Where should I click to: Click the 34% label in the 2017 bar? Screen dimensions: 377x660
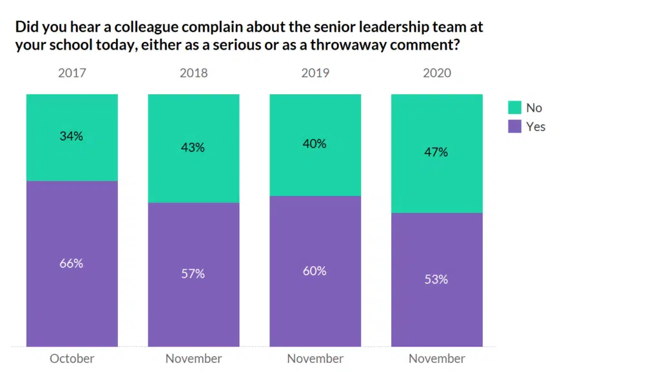pyautogui.click(x=72, y=137)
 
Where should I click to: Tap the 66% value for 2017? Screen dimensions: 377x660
pyautogui.click(x=72, y=264)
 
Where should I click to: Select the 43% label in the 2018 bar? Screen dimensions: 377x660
pyautogui.click(x=193, y=148)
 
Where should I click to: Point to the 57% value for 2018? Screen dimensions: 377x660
pyautogui.click(x=193, y=274)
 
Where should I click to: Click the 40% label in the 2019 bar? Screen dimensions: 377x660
pyautogui.click(x=315, y=144)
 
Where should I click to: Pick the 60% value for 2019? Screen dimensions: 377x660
pyautogui.click(x=315, y=271)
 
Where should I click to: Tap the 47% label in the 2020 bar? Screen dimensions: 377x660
pyautogui.click(x=436, y=153)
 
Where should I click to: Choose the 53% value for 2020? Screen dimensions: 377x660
pyautogui.click(x=436, y=280)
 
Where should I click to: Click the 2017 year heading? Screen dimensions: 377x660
pyautogui.click(x=72, y=73)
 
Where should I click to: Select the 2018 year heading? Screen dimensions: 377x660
pyautogui.click(x=193, y=73)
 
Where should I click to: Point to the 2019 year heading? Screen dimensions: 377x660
pyautogui.click(x=315, y=73)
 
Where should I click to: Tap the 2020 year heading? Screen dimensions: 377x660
pyautogui.click(x=436, y=73)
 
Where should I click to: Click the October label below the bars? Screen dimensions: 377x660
pyautogui.click(x=72, y=359)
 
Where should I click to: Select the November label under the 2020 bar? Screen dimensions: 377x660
pyautogui.click(x=436, y=359)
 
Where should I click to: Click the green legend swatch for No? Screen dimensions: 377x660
pyautogui.click(x=514, y=108)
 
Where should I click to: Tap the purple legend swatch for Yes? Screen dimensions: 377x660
pyautogui.click(x=514, y=126)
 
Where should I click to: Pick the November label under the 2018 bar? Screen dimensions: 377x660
pyautogui.click(x=193, y=359)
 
